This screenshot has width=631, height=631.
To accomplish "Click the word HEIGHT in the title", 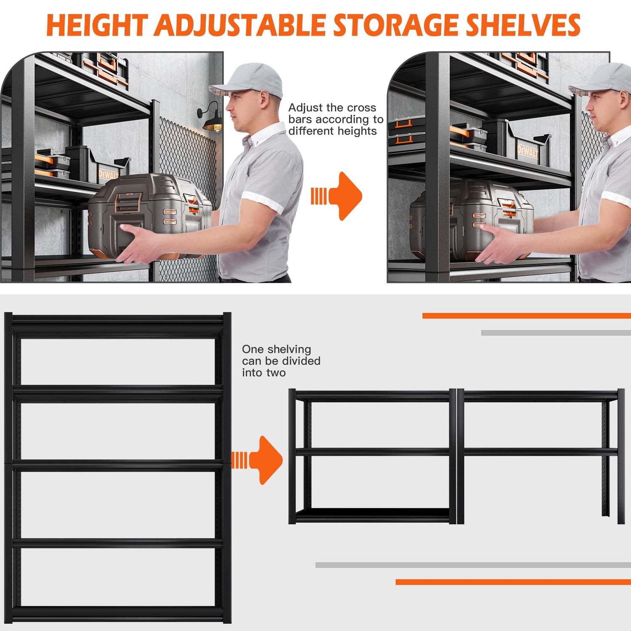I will pyautogui.click(x=97, y=25).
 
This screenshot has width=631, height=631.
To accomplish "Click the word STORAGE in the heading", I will pyautogui.click(x=395, y=25).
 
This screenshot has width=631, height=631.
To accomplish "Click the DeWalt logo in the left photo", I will pyautogui.click(x=108, y=174).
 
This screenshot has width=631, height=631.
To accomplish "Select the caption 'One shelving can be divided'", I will pyautogui.click(x=281, y=361).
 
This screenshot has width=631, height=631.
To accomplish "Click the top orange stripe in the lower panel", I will pyautogui.click(x=526, y=315).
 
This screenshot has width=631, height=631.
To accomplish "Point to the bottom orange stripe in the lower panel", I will pyautogui.click(x=512, y=582).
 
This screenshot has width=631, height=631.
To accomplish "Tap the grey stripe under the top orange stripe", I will pyautogui.click(x=555, y=333).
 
